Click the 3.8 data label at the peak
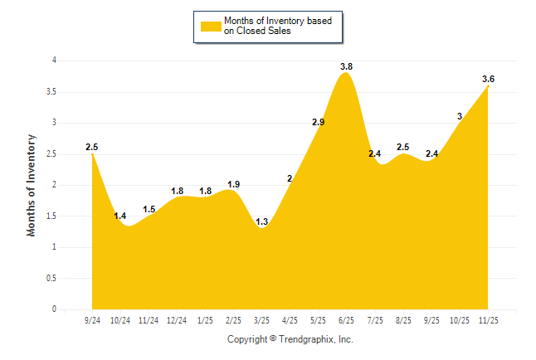(347, 66)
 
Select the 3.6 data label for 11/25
(489, 79)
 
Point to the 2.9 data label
(318, 122)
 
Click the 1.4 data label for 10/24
(120, 216)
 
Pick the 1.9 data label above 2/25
(234, 184)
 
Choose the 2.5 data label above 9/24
(92, 147)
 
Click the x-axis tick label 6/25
(347, 320)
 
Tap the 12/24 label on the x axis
(177, 320)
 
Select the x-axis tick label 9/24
(92, 320)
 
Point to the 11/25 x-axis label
(489, 320)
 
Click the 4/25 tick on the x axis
(290, 320)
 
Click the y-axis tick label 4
(54, 61)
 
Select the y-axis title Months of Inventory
(32, 185)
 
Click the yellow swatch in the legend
(210, 26)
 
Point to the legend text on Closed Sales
(258, 31)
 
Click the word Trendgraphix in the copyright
(306, 339)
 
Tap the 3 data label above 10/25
(460, 116)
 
